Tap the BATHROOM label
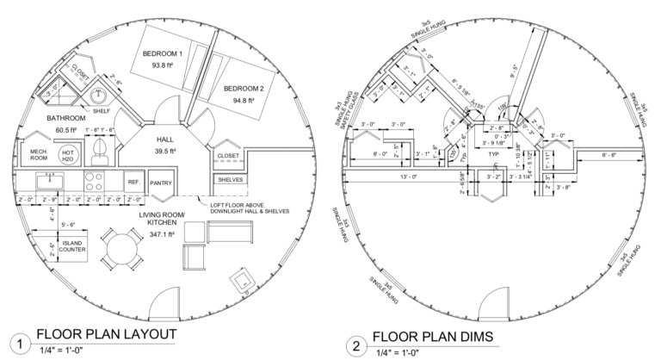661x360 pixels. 66,117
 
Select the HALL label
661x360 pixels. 166,139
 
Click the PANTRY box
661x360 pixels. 162,183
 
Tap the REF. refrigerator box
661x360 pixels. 133,183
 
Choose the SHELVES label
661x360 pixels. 229,180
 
